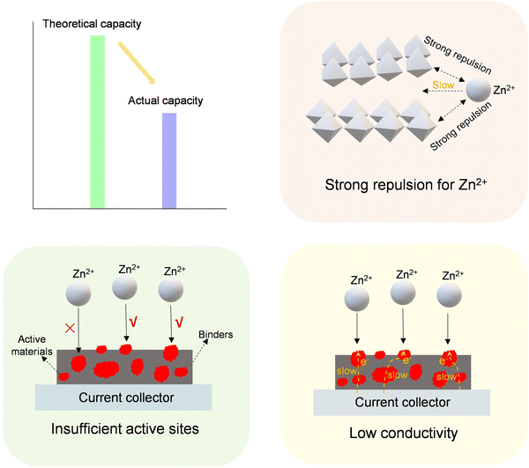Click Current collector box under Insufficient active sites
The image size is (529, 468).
click(125, 397)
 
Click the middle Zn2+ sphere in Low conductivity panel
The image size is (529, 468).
click(404, 300)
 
